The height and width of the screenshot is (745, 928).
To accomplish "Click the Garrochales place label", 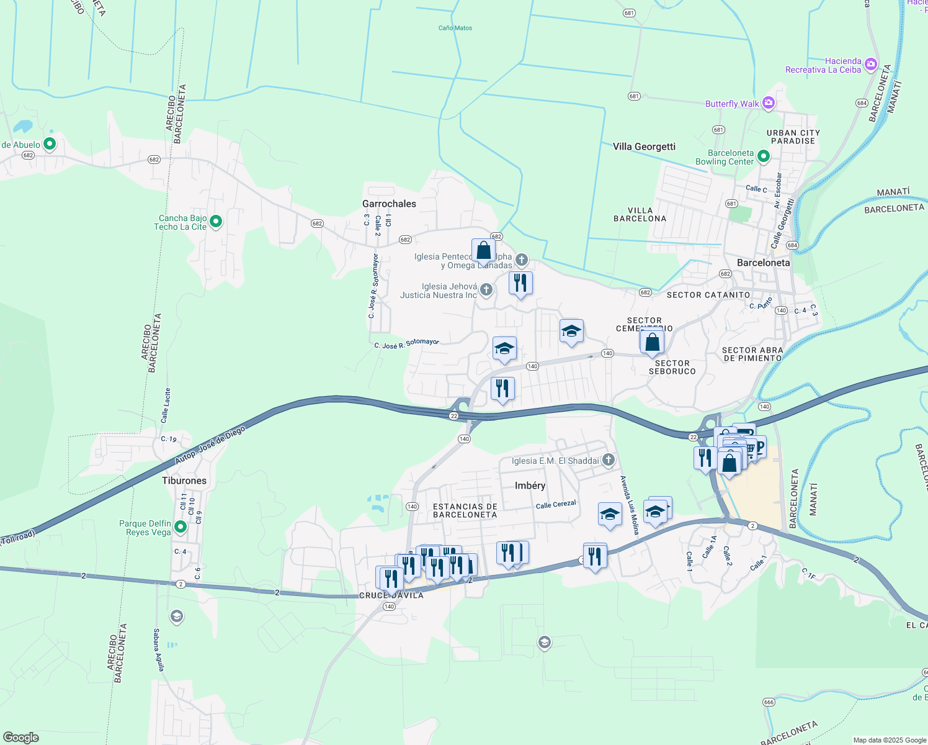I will (389, 204).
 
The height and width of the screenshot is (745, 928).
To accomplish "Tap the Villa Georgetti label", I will (644, 147).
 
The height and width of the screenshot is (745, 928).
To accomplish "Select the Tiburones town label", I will (184, 481).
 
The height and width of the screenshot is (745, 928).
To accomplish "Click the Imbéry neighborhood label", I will (530, 485).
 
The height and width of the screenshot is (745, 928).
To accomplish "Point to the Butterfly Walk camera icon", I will (769, 103).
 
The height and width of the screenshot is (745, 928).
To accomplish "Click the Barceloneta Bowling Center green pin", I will (764, 157).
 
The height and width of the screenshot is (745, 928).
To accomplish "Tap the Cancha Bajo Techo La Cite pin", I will (216, 222).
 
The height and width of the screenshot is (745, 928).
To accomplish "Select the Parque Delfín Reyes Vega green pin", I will (181, 527).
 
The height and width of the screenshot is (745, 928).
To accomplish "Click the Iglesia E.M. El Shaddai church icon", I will (609, 460).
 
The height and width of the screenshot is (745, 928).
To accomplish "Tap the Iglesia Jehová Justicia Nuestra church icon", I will (486, 289).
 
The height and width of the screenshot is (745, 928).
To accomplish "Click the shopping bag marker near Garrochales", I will (483, 251).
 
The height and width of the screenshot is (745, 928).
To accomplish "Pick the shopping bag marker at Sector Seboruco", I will (652, 342).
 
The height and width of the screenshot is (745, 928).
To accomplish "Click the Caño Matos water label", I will (455, 28).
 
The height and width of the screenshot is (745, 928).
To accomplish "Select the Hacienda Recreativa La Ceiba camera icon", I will (870, 64).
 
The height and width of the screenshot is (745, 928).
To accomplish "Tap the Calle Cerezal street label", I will (556, 505).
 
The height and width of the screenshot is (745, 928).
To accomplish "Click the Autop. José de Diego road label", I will (210, 445).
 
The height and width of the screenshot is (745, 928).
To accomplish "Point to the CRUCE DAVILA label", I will (391, 595).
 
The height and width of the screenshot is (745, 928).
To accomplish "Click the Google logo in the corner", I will (20, 738).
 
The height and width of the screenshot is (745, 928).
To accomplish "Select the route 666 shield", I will (769, 702).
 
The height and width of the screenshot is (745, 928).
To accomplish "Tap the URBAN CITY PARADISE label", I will (793, 137).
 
